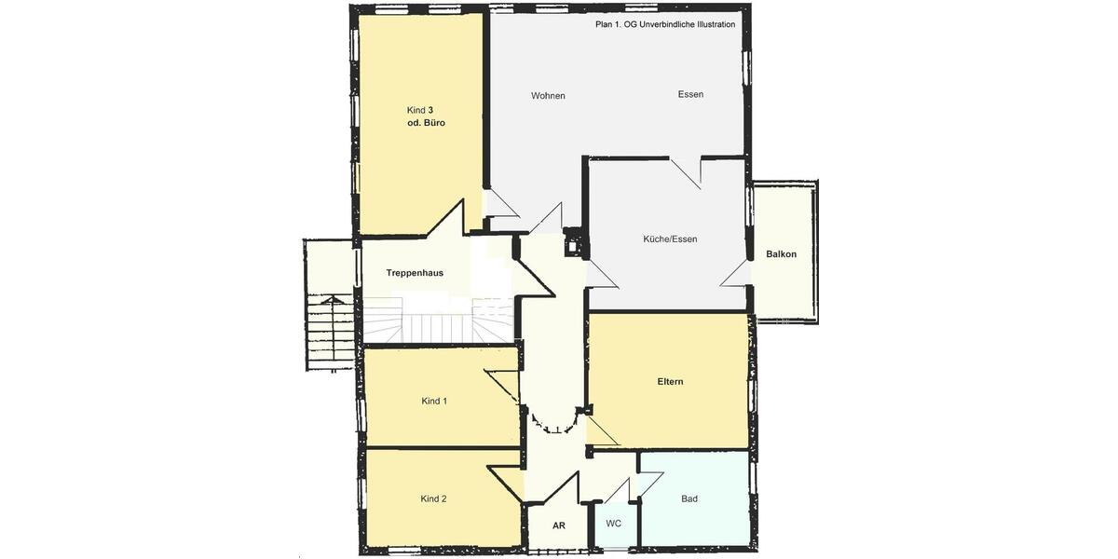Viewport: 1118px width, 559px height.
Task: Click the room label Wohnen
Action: pyautogui.click(x=548, y=96)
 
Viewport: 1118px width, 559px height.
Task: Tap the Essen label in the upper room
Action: pyautogui.click(x=690, y=94)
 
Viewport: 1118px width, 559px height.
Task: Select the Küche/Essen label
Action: pyautogui.click(x=670, y=239)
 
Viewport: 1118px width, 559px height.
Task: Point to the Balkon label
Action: pyautogui.click(x=781, y=253)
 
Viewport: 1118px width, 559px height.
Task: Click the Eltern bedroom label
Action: pyautogui.click(x=670, y=381)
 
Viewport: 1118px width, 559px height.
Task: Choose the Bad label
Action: pyautogui.click(x=689, y=498)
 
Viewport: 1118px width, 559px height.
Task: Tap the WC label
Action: pyautogui.click(x=613, y=524)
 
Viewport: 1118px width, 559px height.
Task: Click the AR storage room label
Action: pyautogui.click(x=559, y=525)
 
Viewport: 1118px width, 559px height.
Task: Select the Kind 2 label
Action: pyautogui.click(x=433, y=498)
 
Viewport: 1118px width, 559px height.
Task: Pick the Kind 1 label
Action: pyautogui.click(x=434, y=401)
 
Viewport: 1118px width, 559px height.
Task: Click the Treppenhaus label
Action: pyautogui.click(x=415, y=273)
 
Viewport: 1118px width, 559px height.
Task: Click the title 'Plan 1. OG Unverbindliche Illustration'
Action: pyautogui.click(x=665, y=24)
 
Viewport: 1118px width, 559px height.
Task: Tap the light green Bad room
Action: pyautogui.click(x=708, y=522)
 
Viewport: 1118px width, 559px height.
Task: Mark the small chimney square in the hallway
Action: pyautogui.click(x=573, y=248)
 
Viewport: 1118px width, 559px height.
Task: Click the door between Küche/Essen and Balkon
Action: pyautogui.click(x=736, y=272)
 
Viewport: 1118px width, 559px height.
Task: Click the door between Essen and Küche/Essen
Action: pyautogui.click(x=687, y=171)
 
